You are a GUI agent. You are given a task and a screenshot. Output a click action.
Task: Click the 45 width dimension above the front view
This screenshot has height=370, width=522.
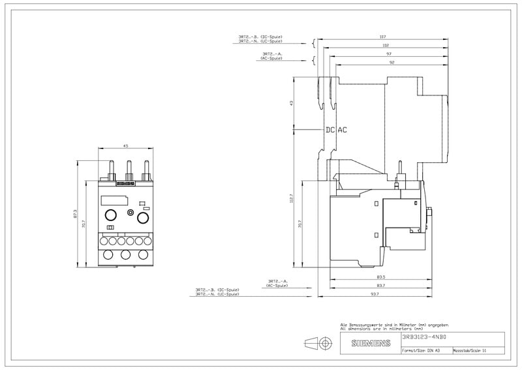click(x=126, y=146)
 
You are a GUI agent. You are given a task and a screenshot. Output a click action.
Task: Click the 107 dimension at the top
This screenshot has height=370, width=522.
click(x=384, y=37)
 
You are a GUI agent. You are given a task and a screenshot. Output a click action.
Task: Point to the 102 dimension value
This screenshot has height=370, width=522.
click(x=386, y=45)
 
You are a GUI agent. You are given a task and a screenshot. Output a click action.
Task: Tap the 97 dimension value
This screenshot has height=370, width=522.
click(x=388, y=54)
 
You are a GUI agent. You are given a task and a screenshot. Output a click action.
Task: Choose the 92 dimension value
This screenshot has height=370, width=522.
click(x=390, y=62)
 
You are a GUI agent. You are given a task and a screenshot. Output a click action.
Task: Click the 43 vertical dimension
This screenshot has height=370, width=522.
click(x=292, y=103)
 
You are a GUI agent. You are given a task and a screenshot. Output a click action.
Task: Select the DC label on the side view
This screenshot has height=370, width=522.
click(x=330, y=129)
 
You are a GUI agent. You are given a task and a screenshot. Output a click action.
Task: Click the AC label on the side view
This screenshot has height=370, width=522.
click(x=343, y=129)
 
